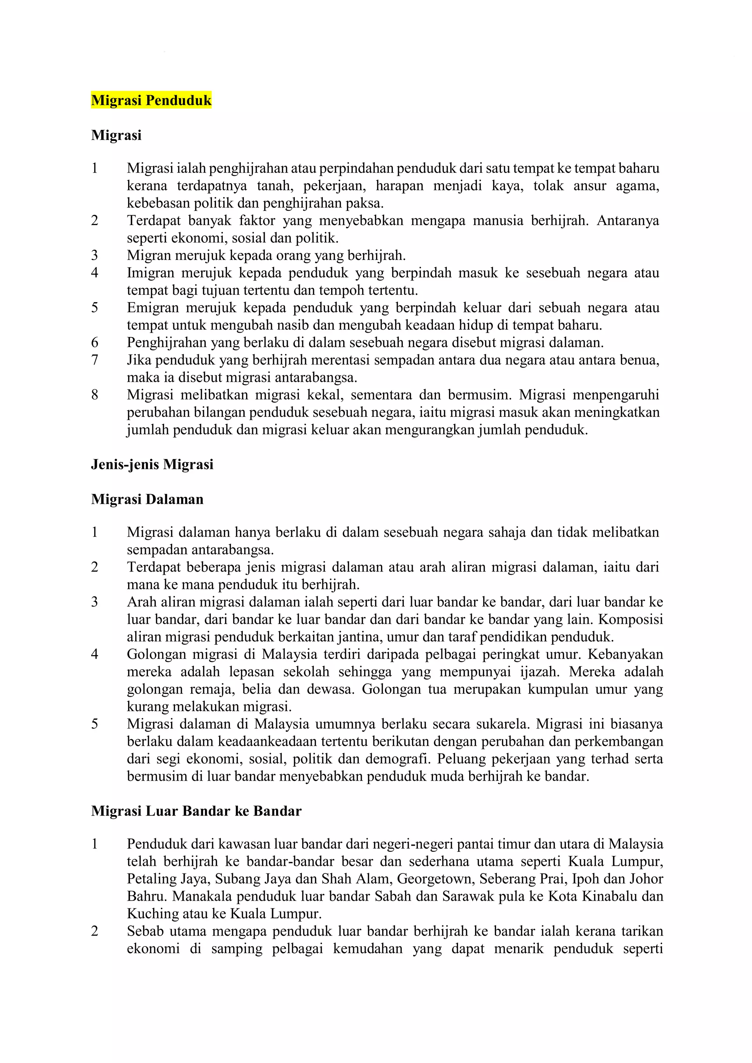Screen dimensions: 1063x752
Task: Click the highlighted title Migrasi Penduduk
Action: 151,100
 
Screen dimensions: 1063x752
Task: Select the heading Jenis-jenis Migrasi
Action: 152,464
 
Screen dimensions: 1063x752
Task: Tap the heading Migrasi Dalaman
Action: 147,499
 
